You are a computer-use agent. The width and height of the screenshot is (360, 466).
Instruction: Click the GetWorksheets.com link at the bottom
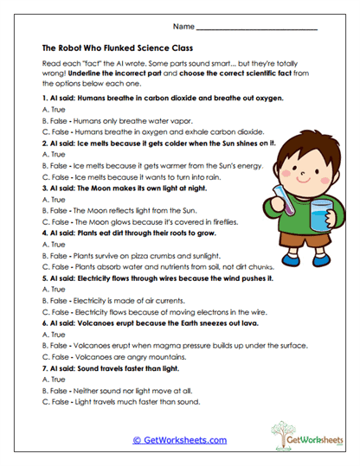(180, 439)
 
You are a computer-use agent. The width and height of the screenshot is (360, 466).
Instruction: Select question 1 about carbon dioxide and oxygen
(164, 99)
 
